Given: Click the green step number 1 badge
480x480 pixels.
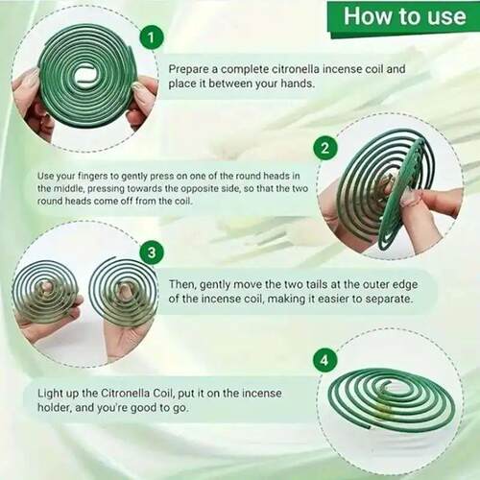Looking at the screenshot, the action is [x=151, y=38].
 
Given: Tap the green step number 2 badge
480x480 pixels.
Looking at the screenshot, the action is [x=324, y=149].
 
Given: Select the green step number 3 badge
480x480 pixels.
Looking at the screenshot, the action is [x=152, y=252].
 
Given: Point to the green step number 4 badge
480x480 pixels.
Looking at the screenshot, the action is [x=324, y=360].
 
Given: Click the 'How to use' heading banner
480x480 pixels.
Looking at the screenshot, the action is [x=404, y=16].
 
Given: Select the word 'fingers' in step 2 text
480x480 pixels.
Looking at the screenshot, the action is [x=99, y=177].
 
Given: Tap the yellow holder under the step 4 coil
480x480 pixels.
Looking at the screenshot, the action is [x=384, y=410].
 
